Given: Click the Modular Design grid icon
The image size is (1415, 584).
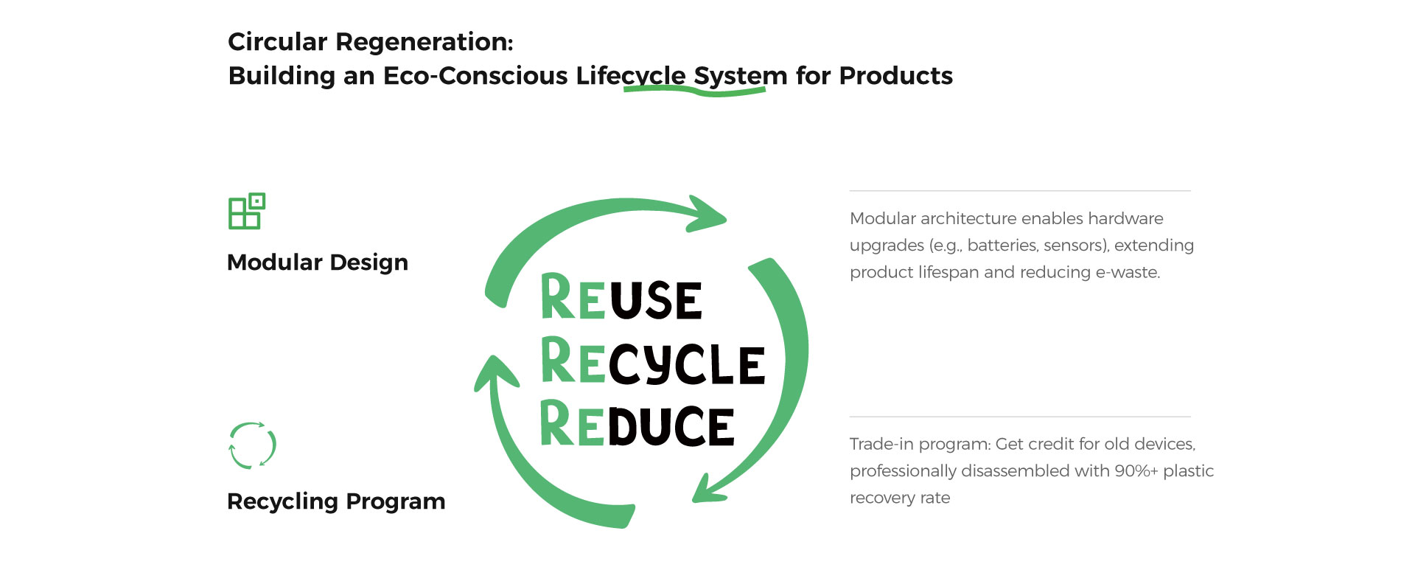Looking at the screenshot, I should pos(246,212).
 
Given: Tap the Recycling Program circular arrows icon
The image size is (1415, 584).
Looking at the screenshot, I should pos(252,445).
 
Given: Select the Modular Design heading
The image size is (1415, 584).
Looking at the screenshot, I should pos(317,263).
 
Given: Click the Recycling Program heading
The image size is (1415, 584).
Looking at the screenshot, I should pos(336,501).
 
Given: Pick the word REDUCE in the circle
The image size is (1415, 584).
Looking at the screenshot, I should pos(637,425).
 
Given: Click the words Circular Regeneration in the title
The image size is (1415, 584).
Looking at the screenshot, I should pos(370,42).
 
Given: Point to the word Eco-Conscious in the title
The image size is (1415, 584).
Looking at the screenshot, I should pos(475,76).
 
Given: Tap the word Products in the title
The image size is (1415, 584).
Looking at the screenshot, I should pos(895,76).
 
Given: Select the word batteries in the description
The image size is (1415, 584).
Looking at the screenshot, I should pos(999,246).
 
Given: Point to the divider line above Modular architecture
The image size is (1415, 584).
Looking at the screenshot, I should pos(1020,191).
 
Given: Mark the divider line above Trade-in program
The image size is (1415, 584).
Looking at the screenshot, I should pos(1020,417).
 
